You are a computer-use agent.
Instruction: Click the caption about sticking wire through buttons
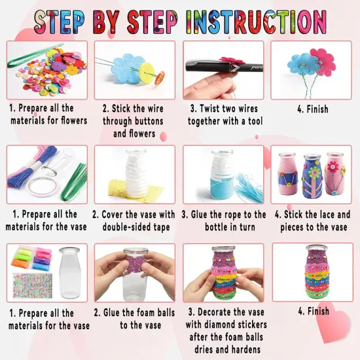[x=134, y=121]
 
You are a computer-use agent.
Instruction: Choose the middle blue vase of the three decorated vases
[x=312, y=176]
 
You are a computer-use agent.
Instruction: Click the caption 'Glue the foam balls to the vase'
[x=134, y=319]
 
